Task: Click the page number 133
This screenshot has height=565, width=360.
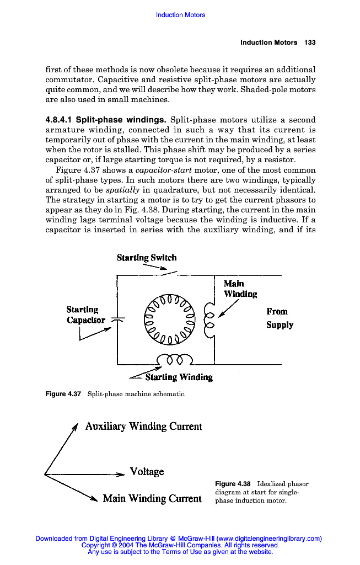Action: click(310, 42)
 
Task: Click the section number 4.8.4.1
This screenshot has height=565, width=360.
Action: click(58, 120)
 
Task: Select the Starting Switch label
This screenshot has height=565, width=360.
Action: click(147, 258)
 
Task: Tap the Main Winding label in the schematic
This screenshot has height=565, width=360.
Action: click(240, 289)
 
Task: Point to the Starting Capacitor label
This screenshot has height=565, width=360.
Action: click(85, 315)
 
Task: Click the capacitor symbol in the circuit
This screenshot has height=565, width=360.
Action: click(117, 319)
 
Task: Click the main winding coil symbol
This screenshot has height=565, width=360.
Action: click(208, 318)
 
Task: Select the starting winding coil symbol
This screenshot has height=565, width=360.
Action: click(174, 360)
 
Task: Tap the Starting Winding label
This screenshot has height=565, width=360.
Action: click(179, 377)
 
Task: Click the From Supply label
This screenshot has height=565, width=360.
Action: click(280, 318)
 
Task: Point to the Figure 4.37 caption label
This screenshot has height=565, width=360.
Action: click(63, 394)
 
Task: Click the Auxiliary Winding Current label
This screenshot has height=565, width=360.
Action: click(143, 427)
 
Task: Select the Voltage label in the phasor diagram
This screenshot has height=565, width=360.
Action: click(147, 472)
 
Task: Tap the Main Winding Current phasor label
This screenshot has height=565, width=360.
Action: click(152, 499)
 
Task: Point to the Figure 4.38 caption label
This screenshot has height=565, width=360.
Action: click(233, 484)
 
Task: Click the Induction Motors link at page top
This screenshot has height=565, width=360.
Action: click(180, 15)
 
